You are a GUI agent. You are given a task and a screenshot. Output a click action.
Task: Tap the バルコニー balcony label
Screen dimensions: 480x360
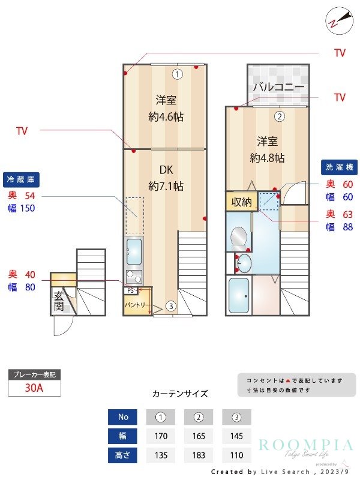(278, 87)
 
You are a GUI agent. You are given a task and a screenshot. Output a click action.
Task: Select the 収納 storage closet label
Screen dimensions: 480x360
(242, 202)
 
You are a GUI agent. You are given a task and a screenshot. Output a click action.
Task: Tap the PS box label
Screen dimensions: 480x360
(130, 291)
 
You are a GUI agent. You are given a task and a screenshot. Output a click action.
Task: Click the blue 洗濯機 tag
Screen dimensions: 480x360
(340, 166)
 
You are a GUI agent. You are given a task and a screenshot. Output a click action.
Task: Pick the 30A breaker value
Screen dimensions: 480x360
(34, 388)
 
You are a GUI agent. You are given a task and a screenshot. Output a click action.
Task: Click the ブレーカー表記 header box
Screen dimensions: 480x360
(34, 374)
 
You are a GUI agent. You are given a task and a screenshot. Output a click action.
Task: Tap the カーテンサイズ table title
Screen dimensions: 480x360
(180, 394)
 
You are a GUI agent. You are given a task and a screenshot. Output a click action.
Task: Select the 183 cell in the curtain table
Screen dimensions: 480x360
(199, 455)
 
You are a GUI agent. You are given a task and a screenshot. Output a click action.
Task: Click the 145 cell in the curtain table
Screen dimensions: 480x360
(236, 436)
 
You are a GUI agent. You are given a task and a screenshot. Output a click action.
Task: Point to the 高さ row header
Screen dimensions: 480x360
(122, 455)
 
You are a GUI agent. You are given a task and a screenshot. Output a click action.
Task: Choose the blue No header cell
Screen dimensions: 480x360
(122, 417)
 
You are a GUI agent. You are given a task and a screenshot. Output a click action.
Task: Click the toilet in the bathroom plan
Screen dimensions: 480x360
(238, 236)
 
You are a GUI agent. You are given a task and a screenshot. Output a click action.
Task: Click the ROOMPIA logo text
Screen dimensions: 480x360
(306, 445)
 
